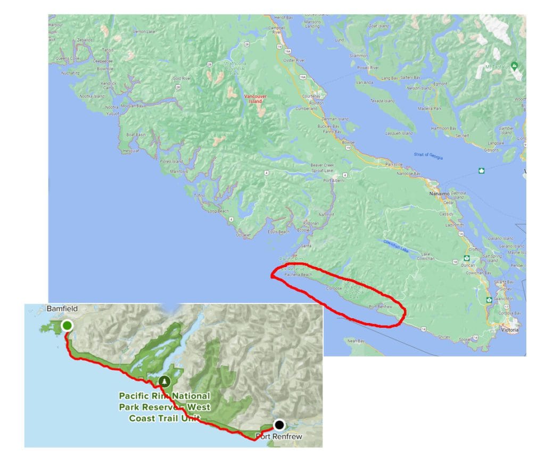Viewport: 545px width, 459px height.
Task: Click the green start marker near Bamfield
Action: pyautogui.click(x=67, y=325)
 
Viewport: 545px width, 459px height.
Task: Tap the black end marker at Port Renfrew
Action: pyautogui.click(x=279, y=424)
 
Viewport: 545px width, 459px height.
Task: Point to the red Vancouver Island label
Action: pyautogui.click(x=255, y=98)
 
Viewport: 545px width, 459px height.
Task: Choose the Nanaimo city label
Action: pyautogui.click(x=440, y=194)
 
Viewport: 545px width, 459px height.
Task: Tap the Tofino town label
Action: pyautogui.click(x=200, y=195)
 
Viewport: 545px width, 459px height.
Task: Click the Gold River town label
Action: pyautogui.click(x=183, y=78)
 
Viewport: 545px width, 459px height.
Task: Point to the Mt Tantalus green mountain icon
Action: pyautogui.click(x=514, y=66)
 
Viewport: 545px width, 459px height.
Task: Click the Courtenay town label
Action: pyautogui.click(x=313, y=96)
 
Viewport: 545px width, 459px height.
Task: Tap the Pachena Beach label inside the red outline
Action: pyautogui.click(x=298, y=275)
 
